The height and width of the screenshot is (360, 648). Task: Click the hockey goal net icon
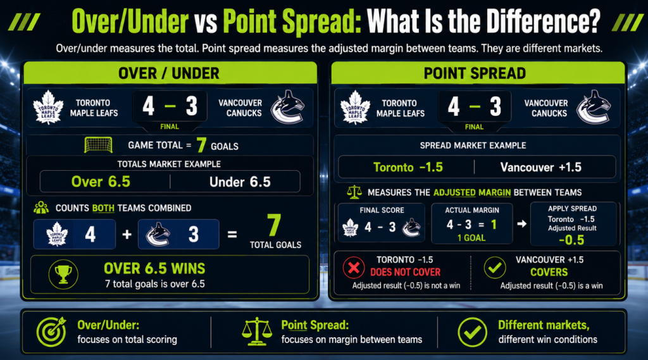tap(98, 145)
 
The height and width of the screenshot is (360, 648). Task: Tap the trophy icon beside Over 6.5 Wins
tap(63, 274)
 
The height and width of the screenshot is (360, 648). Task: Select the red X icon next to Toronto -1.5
tap(354, 268)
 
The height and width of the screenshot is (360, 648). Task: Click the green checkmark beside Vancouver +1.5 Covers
tap(495, 268)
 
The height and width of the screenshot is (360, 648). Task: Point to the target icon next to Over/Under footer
tap(51, 332)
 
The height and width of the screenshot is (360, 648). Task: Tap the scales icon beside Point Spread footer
tap(257, 332)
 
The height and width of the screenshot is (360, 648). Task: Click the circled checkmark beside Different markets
tap(472, 332)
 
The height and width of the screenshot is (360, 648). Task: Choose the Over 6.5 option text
tap(101, 182)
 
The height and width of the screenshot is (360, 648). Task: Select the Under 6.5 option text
tap(240, 182)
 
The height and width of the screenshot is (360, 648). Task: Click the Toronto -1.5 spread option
tap(408, 167)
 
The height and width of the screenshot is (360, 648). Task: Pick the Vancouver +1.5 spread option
tap(540, 167)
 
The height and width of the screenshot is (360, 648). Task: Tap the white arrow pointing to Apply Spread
tap(521, 223)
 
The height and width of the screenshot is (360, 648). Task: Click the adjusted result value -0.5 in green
tap(571, 240)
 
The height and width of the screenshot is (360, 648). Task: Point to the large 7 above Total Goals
tap(274, 225)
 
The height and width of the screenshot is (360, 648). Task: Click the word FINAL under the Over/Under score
tap(170, 127)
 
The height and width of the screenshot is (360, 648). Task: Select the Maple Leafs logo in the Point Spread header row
tap(355, 108)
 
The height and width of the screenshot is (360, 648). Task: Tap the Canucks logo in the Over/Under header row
tap(288, 107)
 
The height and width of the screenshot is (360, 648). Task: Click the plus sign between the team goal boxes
tap(127, 234)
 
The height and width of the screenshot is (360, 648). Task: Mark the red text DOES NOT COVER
tap(406, 272)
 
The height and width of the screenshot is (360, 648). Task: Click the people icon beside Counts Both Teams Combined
tap(41, 208)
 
